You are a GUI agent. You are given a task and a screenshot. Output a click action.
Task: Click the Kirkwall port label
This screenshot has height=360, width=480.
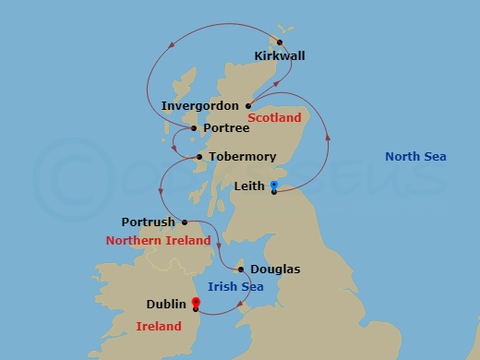click(279, 56)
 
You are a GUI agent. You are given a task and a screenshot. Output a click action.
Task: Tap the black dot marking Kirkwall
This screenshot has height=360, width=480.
click(279, 42)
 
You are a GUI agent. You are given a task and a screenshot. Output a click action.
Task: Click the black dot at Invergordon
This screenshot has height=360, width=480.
click(248, 106)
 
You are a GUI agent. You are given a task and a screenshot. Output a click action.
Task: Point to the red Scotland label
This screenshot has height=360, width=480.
click(275, 119)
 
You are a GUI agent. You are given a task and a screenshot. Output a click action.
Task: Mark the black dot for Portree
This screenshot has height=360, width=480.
click(193, 129)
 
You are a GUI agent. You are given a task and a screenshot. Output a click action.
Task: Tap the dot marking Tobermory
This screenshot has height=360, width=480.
click(199, 158)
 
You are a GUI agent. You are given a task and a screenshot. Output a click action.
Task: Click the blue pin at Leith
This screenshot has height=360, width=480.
click(274, 187)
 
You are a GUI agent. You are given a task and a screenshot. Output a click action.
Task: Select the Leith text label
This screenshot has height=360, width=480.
click(249, 186)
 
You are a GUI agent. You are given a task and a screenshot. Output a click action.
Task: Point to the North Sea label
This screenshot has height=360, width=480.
click(415, 157)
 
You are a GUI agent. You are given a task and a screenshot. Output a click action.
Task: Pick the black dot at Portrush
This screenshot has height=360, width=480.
click(185, 222)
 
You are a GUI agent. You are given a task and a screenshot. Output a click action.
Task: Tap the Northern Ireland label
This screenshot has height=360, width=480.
click(158, 241)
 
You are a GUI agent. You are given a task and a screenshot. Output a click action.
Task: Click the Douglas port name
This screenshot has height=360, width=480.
click(275, 270)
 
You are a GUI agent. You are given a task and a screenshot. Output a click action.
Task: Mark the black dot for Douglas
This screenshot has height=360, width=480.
click(241, 270)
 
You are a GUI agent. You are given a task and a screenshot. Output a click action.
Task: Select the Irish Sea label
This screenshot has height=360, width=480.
click(235, 287)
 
